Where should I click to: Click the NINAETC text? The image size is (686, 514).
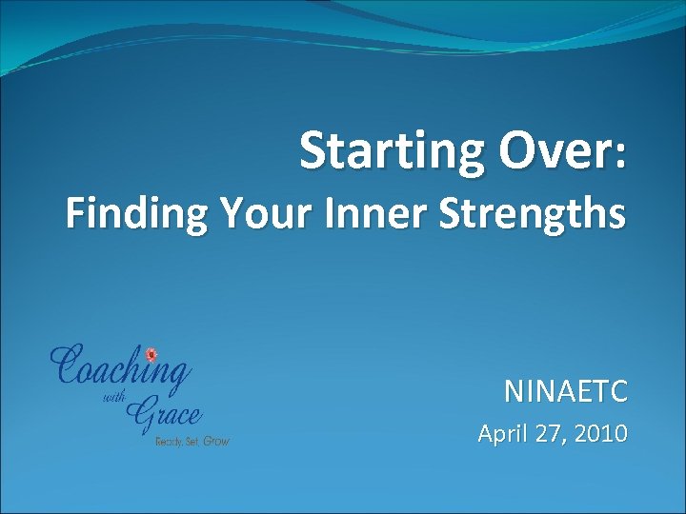[x=566, y=391]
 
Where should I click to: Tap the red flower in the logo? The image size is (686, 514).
[x=150, y=355]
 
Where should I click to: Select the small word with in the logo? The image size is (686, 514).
[x=112, y=400]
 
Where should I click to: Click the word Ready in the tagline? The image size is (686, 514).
[x=169, y=442]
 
